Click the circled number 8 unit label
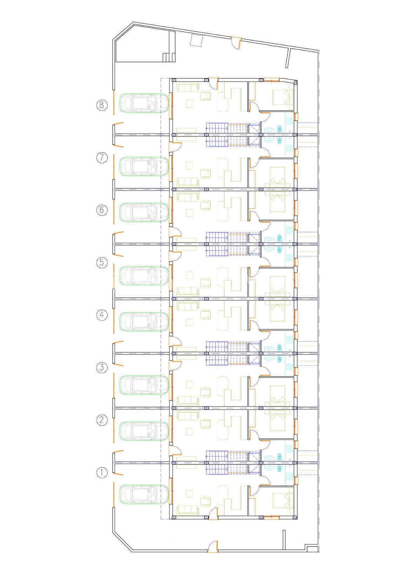pyautogui.click(x=102, y=105)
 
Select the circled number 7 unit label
pyautogui.click(x=102, y=158)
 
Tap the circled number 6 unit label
pyautogui.click(x=102, y=210)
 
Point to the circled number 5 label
pyautogui.click(x=102, y=263)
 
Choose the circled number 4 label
pyautogui.click(x=102, y=315)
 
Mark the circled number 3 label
pyautogui.click(x=102, y=367)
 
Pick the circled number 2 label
pyautogui.click(x=102, y=420)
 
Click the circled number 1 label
pyautogui.click(x=102, y=473)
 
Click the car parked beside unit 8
pyautogui.click(x=144, y=103)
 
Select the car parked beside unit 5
pyautogui.click(x=144, y=276)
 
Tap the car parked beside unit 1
pyautogui.click(x=144, y=494)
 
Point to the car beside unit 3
pyautogui.click(x=144, y=385)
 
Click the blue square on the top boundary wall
pyautogui.click(x=196, y=40)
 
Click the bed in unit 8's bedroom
pyautogui.click(x=283, y=97)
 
